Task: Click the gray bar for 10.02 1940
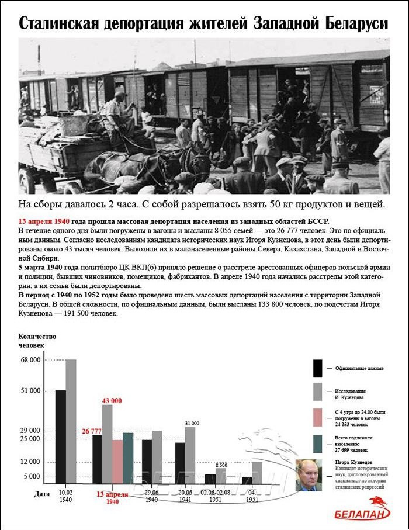click(x=71, y=421)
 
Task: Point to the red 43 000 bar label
click(x=112, y=400)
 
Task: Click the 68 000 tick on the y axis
click(x=30, y=360)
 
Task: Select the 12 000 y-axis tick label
click(x=30, y=462)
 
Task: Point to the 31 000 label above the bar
click(x=192, y=423)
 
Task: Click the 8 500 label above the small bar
click(x=221, y=465)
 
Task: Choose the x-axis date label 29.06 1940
click(x=152, y=496)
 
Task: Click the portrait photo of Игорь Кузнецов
click(x=309, y=476)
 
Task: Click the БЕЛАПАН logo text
click(x=357, y=515)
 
